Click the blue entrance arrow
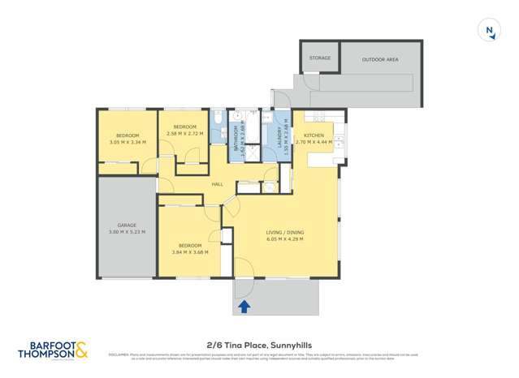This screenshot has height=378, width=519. pyautogui.click(x=244, y=306)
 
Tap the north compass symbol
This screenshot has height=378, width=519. pyautogui.click(x=489, y=31)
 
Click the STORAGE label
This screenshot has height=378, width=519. pyautogui.click(x=320, y=58)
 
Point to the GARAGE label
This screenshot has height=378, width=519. pyautogui.click(x=126, y=225)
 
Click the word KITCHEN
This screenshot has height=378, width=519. pyautogui.click(x=314, y=135)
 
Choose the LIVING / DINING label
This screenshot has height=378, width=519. pyautogui.click(x=284, y=233)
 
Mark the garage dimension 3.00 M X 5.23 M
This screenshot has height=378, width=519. pyautogui.click(x=126, y=232)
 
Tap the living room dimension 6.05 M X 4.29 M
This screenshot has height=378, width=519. pyautogui.click(x=284, y=239)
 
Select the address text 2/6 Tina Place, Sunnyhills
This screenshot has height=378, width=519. pyautogui.click(x=259, y=344)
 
